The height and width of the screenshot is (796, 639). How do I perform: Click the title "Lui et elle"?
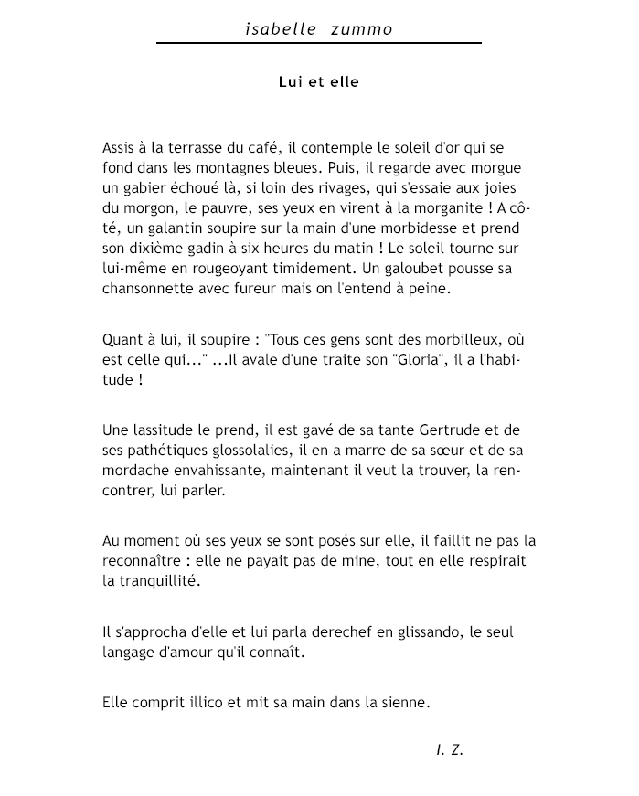pos(319,82)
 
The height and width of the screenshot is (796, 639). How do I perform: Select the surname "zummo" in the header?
pos(363,29)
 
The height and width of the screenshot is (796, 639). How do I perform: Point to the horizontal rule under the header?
pos(319,43)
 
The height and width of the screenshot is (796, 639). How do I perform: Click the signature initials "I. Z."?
pos(450,750)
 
